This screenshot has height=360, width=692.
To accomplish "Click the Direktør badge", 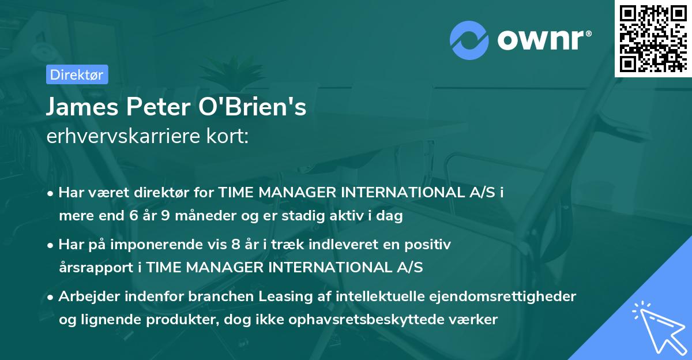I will point(76,74).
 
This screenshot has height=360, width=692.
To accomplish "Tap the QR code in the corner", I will point(652,38).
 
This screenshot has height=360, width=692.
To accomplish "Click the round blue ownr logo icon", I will point(469,41).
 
